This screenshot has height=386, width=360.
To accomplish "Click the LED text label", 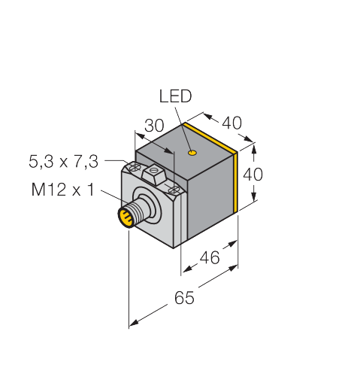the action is pos(175,96).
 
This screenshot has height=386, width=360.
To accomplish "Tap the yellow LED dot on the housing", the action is pos(192,152).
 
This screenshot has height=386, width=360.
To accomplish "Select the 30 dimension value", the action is pos(154,126).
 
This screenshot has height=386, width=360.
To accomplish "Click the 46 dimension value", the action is pos(210,257).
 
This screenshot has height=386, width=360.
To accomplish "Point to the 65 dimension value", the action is pos(184,298).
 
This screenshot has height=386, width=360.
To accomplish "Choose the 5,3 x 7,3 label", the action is pos(64,161).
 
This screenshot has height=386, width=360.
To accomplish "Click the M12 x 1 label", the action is pos(63,190).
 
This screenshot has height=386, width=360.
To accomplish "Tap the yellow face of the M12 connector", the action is pos(125,217).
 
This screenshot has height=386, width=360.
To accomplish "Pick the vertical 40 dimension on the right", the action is pos(253,175).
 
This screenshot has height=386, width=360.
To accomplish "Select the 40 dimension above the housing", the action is pos(231,123).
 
